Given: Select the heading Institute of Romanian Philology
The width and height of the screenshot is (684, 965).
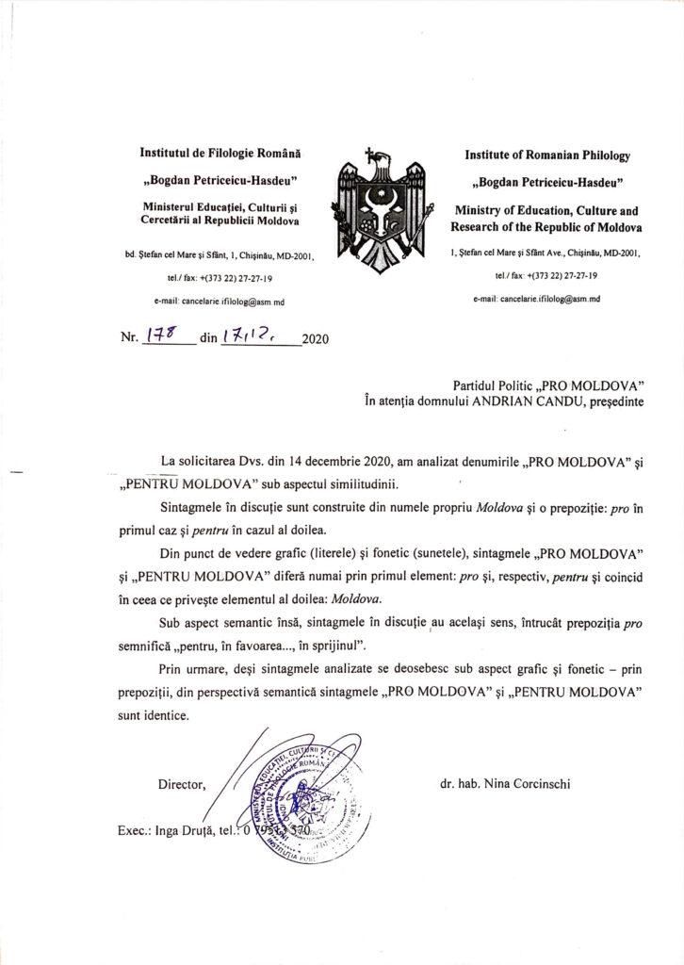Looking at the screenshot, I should [x=547, y=155].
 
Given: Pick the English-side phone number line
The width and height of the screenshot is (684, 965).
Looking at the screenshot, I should [x=547, y=276].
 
